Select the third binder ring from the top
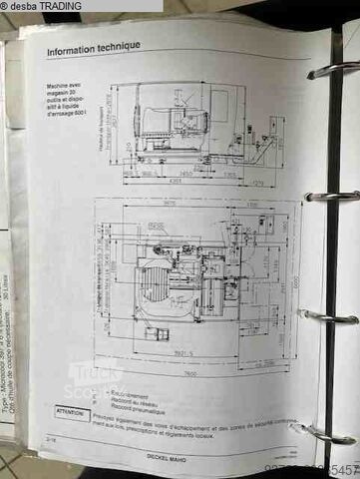pos(328,317)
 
